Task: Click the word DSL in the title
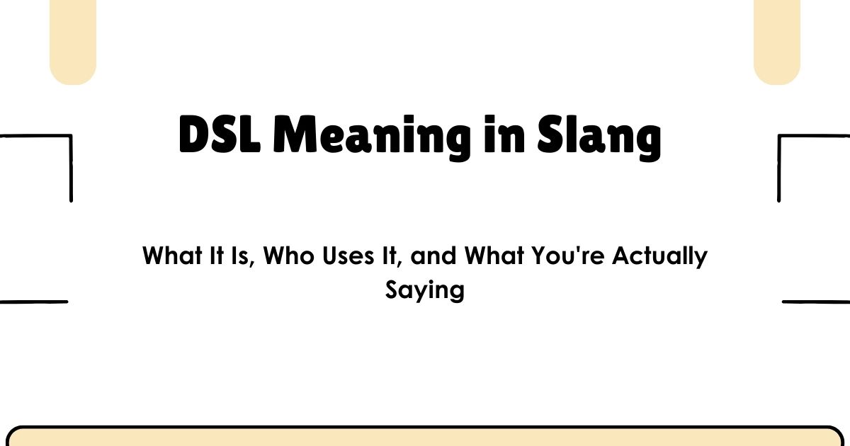[x=220, y=136]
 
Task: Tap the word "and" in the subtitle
[x=434, y=256]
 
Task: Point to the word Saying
[x=425, y=290]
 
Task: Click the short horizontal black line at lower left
[x=33, y=302]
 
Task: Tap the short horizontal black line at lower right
[x=816, y=302]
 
